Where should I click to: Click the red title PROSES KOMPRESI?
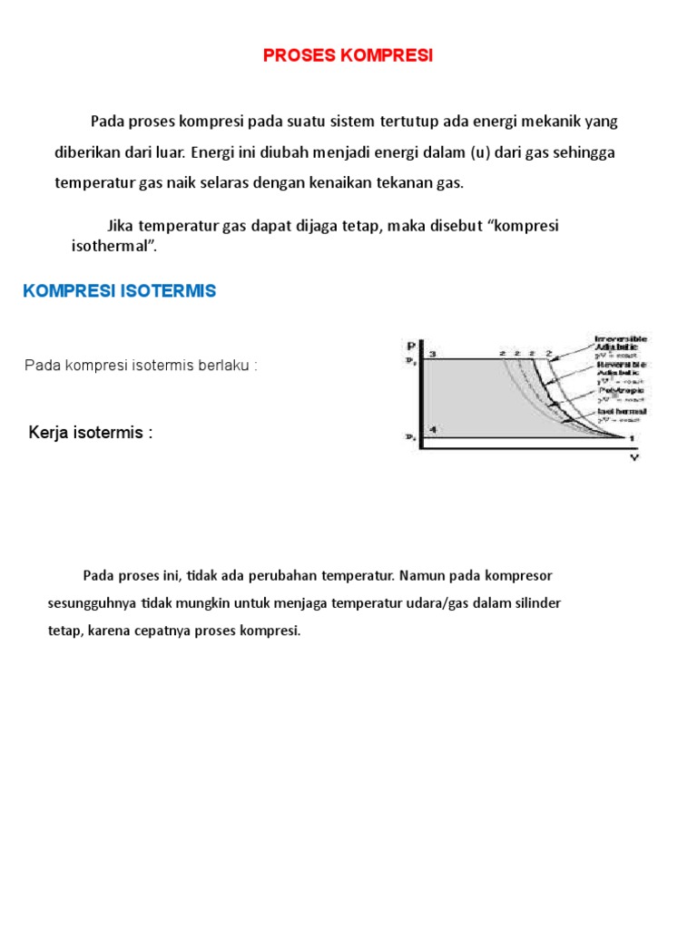(348, 56)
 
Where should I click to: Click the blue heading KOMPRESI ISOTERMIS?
(119, 291)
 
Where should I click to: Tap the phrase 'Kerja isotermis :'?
(91, 433)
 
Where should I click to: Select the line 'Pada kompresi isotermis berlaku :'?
(141, 365)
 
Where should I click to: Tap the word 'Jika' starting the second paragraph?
(122, 225)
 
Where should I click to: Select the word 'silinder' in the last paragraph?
(536, 603)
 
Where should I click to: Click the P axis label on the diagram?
(411, 346)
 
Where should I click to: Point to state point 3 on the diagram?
(433, 354)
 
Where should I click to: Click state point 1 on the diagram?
(633, 438)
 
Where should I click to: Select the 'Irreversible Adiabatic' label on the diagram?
(621, 342)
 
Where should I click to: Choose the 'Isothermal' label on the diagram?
(621, 412)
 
